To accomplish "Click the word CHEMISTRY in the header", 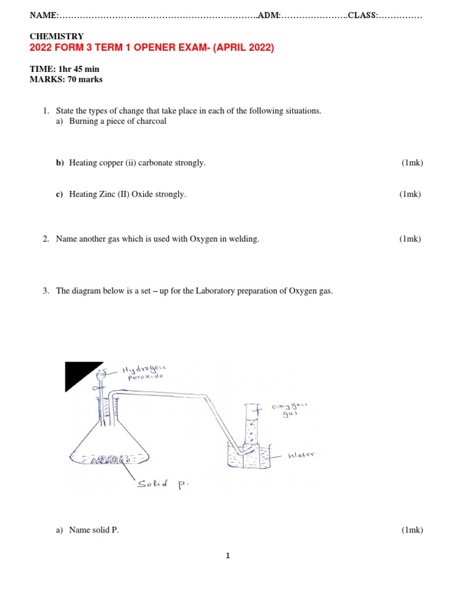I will (x=57, y=36).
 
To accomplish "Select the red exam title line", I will (x=151, y=48).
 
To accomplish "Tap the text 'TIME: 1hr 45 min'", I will (x=64, y=69).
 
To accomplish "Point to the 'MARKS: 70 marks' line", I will (x=65, y=79).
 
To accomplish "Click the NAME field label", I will (x=43, y=15).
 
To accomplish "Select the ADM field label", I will (x=269, y=15).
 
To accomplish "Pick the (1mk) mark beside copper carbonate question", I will (x=412, y=163).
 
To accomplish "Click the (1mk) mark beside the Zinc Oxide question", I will (x=410, y=194).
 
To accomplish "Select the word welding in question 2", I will (x=245, y=239).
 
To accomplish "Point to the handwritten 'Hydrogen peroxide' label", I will (x=143, y=372).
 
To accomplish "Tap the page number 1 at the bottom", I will (x=228, y=556).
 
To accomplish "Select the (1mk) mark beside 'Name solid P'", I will (x=412, y=530).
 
